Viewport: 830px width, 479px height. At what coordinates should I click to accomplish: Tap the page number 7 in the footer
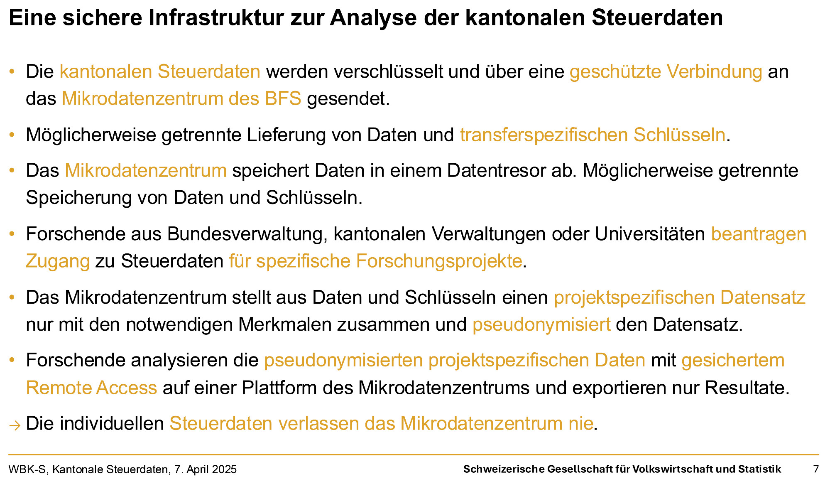coord(816,469)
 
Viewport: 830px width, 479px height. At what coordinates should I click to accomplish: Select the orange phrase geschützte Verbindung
coord(666,72)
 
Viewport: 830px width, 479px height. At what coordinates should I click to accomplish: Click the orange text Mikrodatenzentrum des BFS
coord(181,99)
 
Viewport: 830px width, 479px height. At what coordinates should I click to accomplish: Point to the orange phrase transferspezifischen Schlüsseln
coord(593,135)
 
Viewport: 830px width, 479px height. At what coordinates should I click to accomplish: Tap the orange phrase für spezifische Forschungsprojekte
coord(375,261)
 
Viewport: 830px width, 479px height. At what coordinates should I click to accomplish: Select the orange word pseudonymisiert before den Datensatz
coord(541,324)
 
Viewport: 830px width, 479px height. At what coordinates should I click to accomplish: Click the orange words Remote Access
coord(91,388)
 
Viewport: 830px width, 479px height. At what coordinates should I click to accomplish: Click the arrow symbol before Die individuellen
coord(15,425)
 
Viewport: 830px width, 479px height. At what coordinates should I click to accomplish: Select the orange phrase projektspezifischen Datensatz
coord(680,298)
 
